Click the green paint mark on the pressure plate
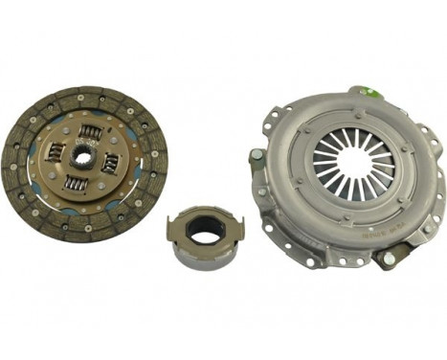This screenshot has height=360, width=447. coord(365,91)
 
